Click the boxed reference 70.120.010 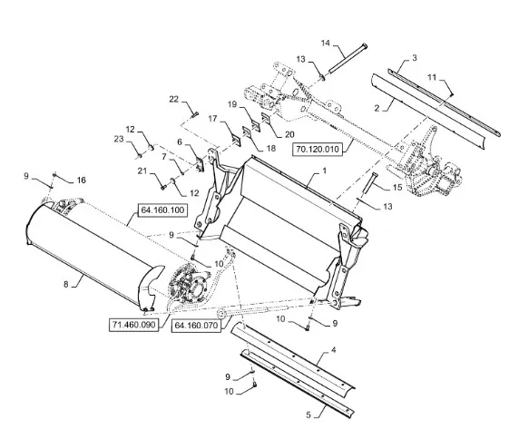pos(318,150)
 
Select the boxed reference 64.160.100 pos(162,210)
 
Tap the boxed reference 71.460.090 pos(133,325)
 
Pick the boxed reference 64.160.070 pos(196,325)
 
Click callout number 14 pos(326,44)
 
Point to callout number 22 pos(174,99)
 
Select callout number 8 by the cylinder pos(66,285)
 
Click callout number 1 pos(324,171)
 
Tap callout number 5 pos(308,415)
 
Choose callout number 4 pos(333,350)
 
